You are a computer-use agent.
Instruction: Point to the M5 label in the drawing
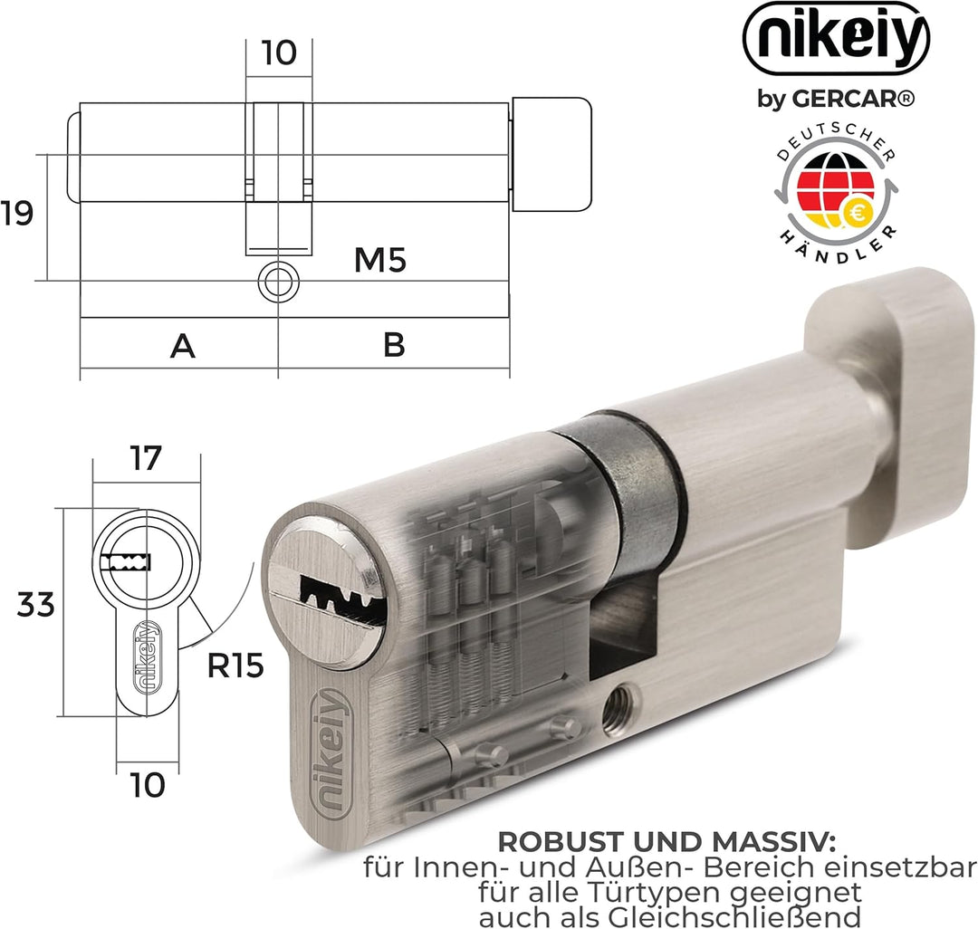coord(379,261)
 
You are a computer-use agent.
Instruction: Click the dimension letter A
coord(183,345)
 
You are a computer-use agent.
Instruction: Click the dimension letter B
coord(394,345)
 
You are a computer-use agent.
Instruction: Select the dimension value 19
coord(16,215)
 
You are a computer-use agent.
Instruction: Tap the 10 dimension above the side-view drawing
coord(279,53)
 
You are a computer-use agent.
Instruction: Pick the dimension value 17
coord(144,459)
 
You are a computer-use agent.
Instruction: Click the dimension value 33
coord(36,604)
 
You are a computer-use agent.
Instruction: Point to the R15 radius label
coord(235,666)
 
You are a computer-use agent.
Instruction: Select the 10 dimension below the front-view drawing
coord(146,785)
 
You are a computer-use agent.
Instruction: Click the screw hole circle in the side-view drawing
coord(278,283)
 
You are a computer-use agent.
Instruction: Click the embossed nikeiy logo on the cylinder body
coord(330,753)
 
